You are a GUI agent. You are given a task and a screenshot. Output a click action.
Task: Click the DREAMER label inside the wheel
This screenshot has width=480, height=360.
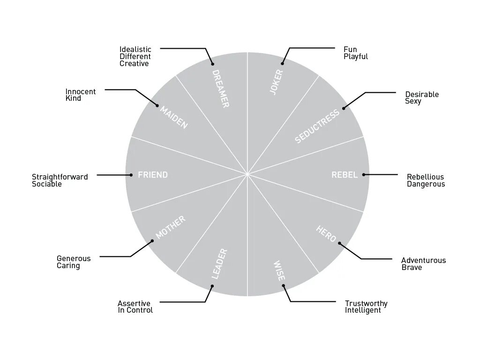click(x=220, y=89)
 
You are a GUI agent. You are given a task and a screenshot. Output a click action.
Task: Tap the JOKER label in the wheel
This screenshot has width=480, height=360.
click(x=277, y=82)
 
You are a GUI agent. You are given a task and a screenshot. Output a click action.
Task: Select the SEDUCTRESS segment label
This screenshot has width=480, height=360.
click(x=317, y=127)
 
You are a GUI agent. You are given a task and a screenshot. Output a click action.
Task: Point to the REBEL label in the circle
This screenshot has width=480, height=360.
click(x=344, y=175)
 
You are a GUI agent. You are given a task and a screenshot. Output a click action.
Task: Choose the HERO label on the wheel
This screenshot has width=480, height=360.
click(x=326, y=233)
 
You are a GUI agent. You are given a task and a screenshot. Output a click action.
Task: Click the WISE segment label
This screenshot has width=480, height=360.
click(x=279, y=270)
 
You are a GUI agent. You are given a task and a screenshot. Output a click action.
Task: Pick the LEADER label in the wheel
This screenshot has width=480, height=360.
click(x=219, y=264)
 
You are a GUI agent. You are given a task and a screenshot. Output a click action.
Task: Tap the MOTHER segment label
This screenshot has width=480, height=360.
click(x=171, y=227)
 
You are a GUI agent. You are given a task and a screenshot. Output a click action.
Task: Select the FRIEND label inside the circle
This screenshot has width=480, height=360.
click(x=153, y=175)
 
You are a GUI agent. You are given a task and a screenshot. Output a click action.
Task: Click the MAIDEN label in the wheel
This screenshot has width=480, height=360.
click(x=174, y=118)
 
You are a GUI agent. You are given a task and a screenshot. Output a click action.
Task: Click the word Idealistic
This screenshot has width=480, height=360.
click(x=135, y=49)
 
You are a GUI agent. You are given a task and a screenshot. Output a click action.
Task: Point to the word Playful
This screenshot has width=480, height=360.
click(x=356, y=57)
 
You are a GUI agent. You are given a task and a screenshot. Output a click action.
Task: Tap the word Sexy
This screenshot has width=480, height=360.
click(x=413, y=101)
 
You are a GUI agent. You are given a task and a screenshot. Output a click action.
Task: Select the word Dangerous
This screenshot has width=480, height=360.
click(x=426, y=184)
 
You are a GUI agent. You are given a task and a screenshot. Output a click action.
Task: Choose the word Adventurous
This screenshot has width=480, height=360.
click(x=423, y=260)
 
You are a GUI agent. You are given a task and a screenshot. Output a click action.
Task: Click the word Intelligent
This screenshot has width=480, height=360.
click(x=363, y=310)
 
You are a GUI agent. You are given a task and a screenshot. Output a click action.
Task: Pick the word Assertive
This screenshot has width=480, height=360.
click(x=134, y=303)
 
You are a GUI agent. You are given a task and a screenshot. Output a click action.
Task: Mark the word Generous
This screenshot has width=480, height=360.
click(x=74, y=258)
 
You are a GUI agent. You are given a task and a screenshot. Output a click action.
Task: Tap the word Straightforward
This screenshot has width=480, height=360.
click(x=60, y=177)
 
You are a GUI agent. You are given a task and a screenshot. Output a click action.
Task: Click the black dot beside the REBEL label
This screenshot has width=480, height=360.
click(x=364, y=175)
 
